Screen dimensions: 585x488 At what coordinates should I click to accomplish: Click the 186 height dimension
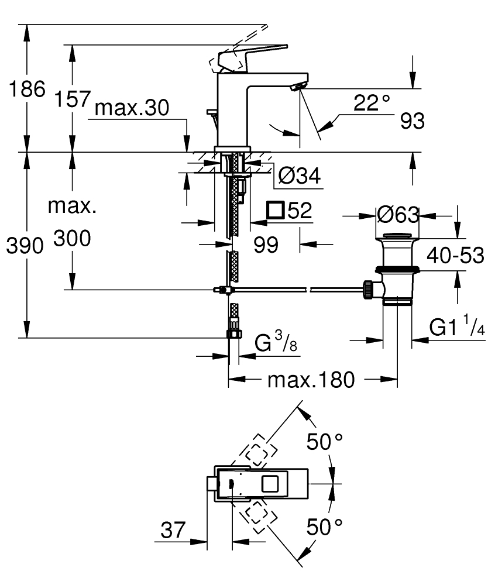[x=25, y=90]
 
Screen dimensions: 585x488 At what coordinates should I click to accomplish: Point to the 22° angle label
[x=372, y=103]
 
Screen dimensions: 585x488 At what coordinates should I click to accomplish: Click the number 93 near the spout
[x=413, y=122]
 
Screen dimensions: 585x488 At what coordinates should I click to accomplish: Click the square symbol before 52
[x=274, y=210]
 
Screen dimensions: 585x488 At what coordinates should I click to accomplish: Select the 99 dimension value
[x=266, y=245]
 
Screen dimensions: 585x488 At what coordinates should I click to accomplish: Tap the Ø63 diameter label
[x=398, y=215]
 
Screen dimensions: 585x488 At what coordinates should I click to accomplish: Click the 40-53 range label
[x=455, y=255]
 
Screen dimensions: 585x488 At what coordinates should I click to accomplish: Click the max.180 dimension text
[x=311, y=380]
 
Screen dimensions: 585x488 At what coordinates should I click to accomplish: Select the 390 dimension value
[x=25, y=246]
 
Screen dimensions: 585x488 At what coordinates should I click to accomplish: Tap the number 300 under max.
[x=72, y=239]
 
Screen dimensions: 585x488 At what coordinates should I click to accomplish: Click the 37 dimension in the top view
[x=174, y=531]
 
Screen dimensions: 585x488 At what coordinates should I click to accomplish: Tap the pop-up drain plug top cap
[x=397, y=236]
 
